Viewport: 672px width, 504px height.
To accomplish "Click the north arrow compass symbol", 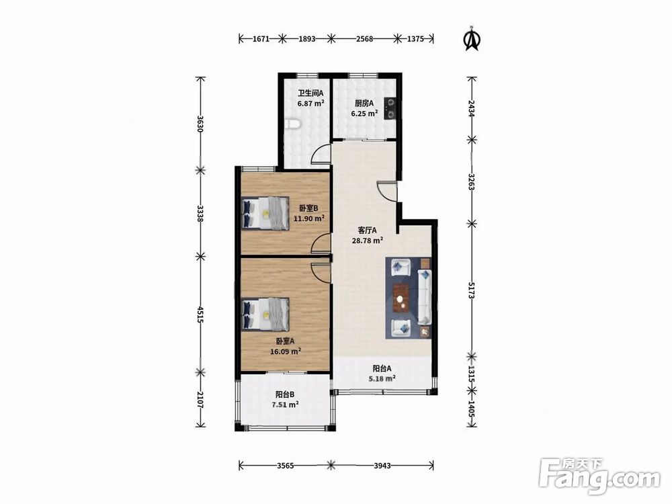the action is [x=472, y=39].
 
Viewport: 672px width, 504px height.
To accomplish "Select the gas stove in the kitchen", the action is [x=391, y=108].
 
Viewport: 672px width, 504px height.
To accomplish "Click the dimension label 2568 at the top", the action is [x=364, y=39].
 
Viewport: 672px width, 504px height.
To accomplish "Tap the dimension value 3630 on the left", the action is [x=200, y=124].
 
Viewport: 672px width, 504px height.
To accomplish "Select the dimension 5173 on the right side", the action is [x=472, y=290].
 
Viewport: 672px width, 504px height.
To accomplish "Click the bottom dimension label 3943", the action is [x=382, y=466].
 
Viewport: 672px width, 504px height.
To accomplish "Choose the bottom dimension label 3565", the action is [x=285, y=466].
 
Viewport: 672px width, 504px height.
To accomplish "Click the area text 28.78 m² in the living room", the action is [x=368, y=241].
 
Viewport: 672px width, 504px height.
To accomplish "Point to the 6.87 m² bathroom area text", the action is [x=310, y=103].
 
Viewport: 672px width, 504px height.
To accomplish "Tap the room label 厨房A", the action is [x=364, y=103].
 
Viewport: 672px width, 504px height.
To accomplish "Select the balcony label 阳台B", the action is [x=284, y=394].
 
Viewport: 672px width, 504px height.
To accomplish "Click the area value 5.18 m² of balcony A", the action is [x=382, y=378].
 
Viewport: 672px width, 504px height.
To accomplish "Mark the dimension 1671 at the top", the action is [x=261, y=39].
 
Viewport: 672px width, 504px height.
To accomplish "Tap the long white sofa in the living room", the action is [x=424, y=297].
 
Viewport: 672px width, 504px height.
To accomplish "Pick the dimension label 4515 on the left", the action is [x=200, y=314].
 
